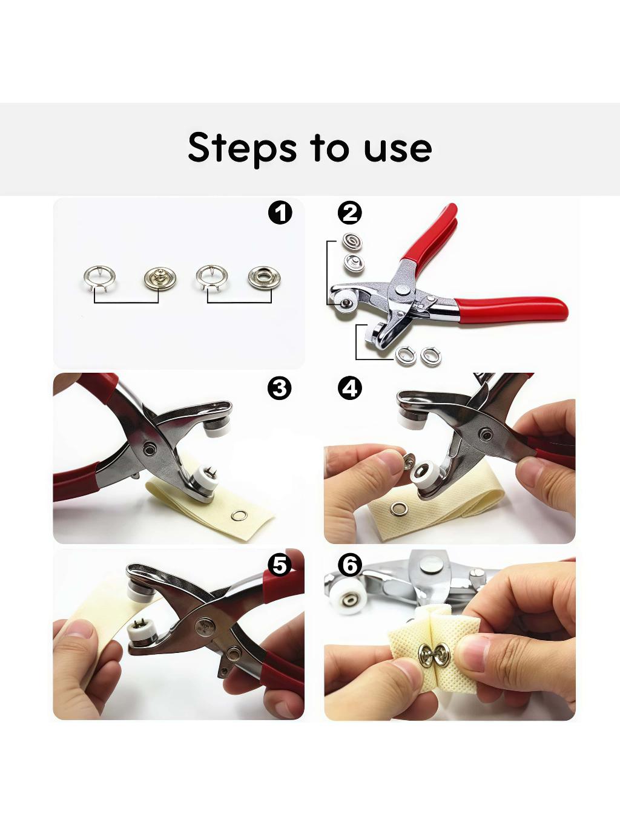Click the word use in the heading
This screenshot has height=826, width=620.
click(x=398, y=149)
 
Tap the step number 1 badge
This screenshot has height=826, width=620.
click(x=280, y=214)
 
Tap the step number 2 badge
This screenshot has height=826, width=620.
click(x=350, y=214)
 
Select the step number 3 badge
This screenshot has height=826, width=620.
click(x=279, y=388)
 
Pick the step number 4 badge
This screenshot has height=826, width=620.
click(x=350, y=388)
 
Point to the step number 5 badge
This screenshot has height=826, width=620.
click(x=279, y=565)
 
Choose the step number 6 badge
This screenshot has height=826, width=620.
click(x=350, y=565)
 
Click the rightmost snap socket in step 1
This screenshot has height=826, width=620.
click(x=264, y=278)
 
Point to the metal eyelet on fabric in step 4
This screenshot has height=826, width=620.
click(x=399, y=509)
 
